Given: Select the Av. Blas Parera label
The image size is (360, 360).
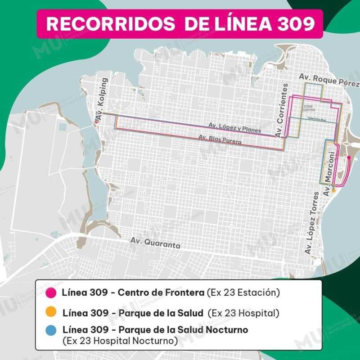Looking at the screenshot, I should point(220,140).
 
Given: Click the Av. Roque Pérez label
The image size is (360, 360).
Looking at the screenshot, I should point(329,80).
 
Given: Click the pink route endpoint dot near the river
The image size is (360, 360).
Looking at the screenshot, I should point(349,157).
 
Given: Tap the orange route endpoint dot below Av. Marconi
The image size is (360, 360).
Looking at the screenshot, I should point(333,190).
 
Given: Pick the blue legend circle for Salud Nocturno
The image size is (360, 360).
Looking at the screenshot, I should point(51,330).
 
